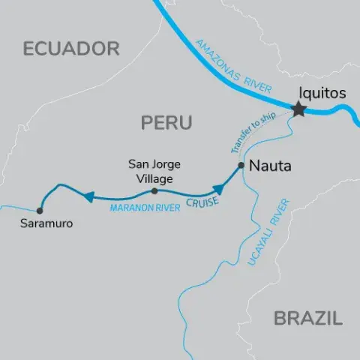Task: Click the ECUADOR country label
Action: coord(71,49)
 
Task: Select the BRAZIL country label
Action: coord(307,318)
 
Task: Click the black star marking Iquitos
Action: coord(299,110)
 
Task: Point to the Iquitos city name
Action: coord(322,94)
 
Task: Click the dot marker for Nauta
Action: coord(241,165)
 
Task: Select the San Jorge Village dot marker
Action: coord(154,191)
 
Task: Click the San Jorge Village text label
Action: coord(154,171)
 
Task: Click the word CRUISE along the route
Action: coord(204,199)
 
